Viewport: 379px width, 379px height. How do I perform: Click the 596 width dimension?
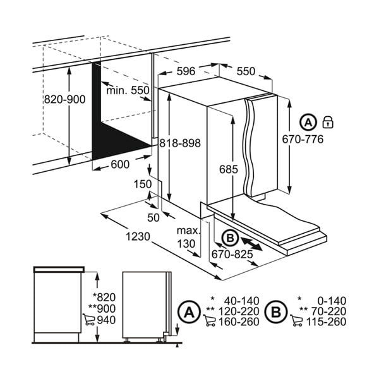pyautogui.click(x=186, y=71)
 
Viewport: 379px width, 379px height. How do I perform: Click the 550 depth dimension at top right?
pyautogui.click(x=246, y=71)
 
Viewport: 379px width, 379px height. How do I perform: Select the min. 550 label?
pyautogui.click(x=128, y=90)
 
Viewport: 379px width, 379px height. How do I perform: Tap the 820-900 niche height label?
pyautogui.click(x=65, y=99)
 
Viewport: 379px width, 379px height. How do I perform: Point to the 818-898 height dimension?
pyautogui.click(x=180, y=143)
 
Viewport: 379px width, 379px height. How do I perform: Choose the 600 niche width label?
pyautogui.click(x=120, y=164)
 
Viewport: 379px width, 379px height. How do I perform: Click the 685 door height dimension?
pyautogui.click(x=229, y=169)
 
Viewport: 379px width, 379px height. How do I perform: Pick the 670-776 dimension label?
pyautogui.click(x=303, y=139)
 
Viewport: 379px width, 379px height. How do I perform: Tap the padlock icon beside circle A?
pyautogui.click(x=328, y=122)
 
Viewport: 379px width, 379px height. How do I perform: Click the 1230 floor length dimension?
pyautogui.click(x=138, y=237)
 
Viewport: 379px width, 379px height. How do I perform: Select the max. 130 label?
pyautogui.click(x=189, y=237)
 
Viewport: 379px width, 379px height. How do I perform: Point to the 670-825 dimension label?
pyautogui.click(x=232, y=254)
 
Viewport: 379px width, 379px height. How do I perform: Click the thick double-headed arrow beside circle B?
pyautogui.click(x=251, y=244)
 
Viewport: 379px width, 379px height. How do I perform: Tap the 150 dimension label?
pyautogui.click(x=143, y=184)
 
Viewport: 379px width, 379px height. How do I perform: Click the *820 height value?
pyautogui.click(x=104, y=297)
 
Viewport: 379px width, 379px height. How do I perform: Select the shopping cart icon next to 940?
pyautogui.click(x=88, y=319)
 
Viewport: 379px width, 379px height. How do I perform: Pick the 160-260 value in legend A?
pyautogui.click(x=239, y=322)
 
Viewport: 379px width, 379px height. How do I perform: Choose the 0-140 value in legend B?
pyautogui.click(x=332, y=301)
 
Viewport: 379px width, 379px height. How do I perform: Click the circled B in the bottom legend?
pyautogui.click(x=276, y=312)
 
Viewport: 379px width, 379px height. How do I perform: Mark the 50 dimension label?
pyautogui.click(x=153, y=218)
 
